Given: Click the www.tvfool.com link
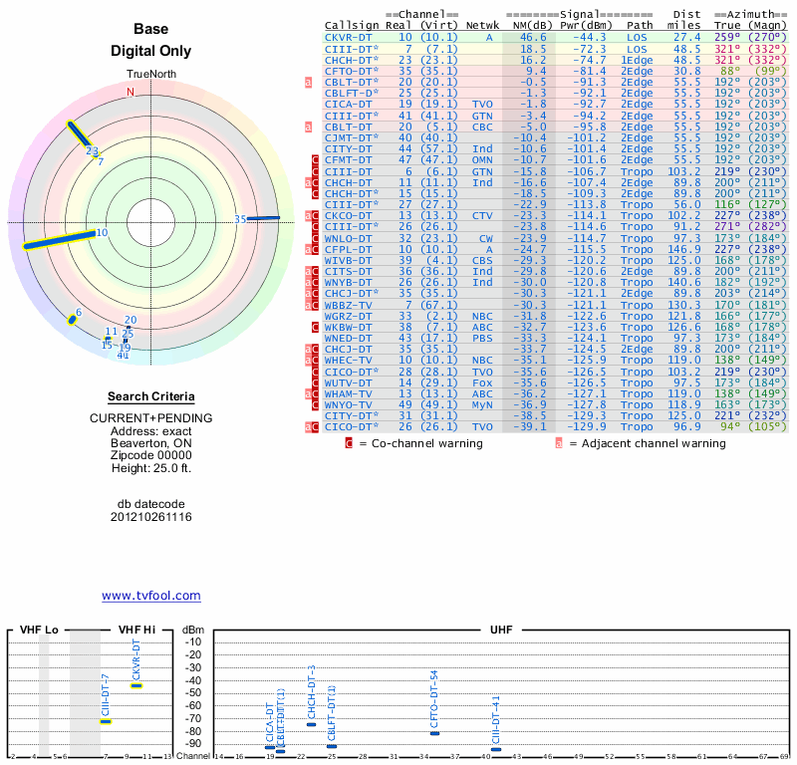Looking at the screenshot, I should coord(150,596).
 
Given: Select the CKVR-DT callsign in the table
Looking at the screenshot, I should coord(348,36).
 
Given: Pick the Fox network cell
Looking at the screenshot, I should coord(482,382).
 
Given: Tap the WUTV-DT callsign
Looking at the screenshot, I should coord(348,382).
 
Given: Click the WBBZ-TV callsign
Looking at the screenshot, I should coord(348,305).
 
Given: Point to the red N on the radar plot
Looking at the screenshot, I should coord(130,92).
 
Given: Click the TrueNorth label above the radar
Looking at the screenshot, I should coord(150,76).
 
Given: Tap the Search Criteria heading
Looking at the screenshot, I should coord(150,396).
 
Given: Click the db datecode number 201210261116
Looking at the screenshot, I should coord(150,517).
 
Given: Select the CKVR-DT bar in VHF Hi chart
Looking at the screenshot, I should coord(136,685).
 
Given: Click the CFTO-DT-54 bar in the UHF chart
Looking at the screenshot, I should coord(434,733).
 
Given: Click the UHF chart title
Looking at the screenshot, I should coord(501,631).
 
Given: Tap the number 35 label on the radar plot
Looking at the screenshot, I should coord(240,219).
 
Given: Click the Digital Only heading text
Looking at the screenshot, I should coord(150,51).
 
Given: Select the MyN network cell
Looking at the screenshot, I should coord(482,405).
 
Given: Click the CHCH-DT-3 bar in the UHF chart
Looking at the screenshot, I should coord(311,724).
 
